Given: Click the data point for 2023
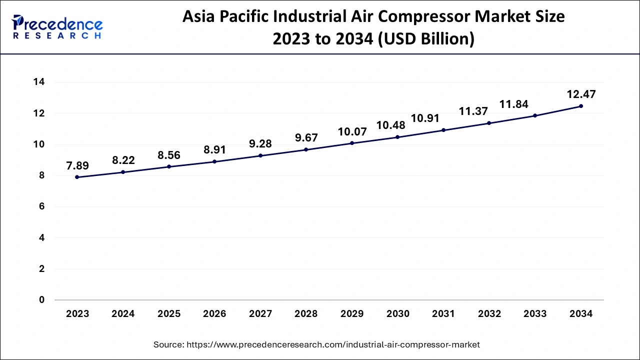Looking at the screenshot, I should point(77,177).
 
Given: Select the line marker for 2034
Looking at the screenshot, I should point(580,106).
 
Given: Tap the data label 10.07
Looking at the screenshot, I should point(352,132).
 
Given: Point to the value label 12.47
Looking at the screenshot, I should point(580,94).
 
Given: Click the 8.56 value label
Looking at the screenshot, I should point(169,155).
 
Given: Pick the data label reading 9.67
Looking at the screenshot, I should point(306,138).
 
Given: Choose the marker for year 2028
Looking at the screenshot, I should point(306,149).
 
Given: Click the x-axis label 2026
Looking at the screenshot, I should point(214,314).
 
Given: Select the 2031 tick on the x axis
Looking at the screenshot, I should point(443,314).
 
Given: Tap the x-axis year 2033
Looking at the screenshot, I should point(535,314).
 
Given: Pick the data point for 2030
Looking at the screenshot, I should point(397,137).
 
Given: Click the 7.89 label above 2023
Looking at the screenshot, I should point(77,165).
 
